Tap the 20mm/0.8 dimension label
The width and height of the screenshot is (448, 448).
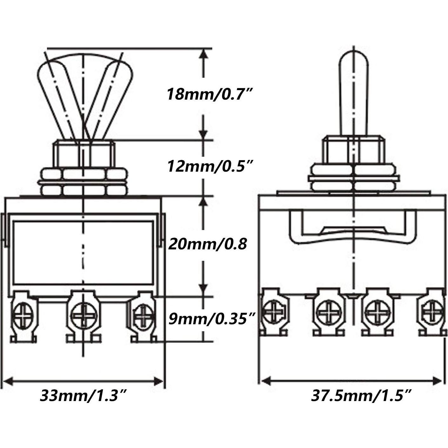point(208,244)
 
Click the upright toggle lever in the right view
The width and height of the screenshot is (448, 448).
point(353,95)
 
